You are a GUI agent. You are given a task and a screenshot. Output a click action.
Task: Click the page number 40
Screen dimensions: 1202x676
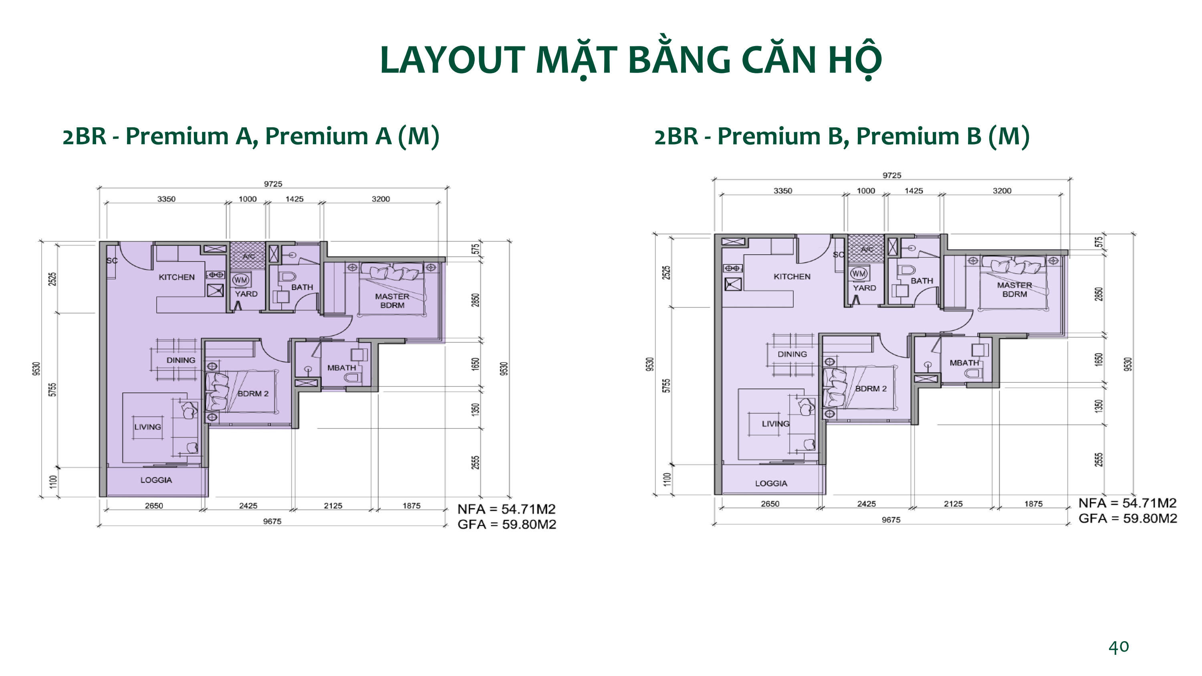(1119, 647)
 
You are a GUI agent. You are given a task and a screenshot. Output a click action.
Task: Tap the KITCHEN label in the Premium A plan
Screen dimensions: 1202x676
(176, 277)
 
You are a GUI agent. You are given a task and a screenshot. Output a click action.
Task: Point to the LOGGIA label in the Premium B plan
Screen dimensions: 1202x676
(771, 483)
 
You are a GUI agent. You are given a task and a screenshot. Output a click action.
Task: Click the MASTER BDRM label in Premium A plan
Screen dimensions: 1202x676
(392, 300)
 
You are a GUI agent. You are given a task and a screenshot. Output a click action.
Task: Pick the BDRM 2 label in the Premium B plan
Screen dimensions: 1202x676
(871, 388)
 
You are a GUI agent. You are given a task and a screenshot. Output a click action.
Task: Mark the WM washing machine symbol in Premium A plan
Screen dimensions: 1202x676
(241, 280)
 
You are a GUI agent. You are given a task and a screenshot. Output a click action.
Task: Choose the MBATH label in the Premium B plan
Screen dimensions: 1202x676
(964, 362)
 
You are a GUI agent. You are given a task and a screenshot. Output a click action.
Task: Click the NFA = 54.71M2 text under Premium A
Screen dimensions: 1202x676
(506, 509)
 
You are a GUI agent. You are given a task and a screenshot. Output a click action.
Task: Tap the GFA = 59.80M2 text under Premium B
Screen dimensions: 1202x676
(1127, 518)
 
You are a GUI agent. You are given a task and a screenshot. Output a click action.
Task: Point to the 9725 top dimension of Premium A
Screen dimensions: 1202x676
(273, 184)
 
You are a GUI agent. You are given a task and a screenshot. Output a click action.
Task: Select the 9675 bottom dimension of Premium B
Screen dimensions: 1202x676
(891, 520)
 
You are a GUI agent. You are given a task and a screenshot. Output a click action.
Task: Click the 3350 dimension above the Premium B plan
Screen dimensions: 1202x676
(783, 191)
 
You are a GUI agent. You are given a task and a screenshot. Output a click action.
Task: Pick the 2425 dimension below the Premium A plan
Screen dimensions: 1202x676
(248, 506)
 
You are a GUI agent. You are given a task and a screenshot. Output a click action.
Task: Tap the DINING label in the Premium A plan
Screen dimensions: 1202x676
(181, 360)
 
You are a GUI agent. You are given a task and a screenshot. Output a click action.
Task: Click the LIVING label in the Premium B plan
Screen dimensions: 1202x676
(776, 424)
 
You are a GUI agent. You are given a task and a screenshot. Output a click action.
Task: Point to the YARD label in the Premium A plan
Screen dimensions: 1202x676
(246, 294)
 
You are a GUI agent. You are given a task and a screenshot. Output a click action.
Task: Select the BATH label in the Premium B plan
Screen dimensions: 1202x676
(922, 281)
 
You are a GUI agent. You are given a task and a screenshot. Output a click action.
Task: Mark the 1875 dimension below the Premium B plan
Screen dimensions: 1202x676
(1033, 504)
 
